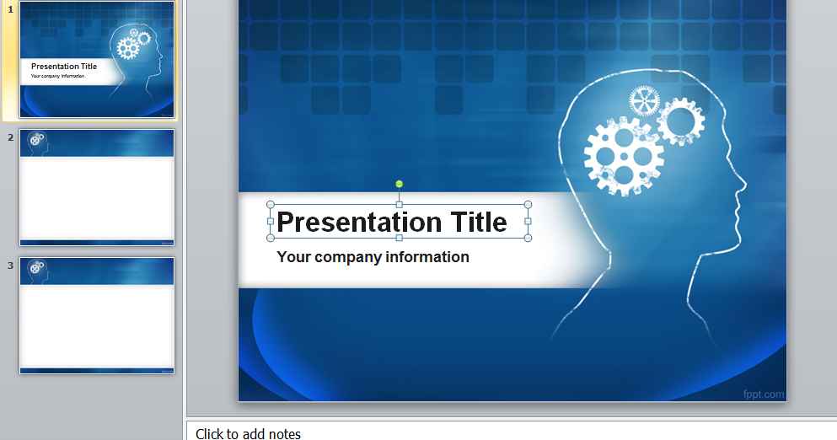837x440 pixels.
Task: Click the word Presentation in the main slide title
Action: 361,223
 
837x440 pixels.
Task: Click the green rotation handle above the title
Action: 400,184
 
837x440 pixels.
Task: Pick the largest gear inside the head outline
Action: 623,156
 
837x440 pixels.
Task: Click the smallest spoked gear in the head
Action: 645,102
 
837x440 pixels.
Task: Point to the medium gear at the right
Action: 680,122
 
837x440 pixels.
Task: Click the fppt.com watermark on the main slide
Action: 764,394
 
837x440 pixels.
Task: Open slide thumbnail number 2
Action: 97,187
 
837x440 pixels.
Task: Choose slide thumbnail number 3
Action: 97,315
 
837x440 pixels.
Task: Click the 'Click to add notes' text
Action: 248,433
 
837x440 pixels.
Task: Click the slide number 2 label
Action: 11,137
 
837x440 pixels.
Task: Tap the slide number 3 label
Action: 11,265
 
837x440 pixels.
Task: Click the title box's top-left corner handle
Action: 271,205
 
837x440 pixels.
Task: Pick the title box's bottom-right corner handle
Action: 528,238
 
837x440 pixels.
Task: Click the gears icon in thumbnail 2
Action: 35,139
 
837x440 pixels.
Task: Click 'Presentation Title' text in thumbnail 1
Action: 64,67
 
